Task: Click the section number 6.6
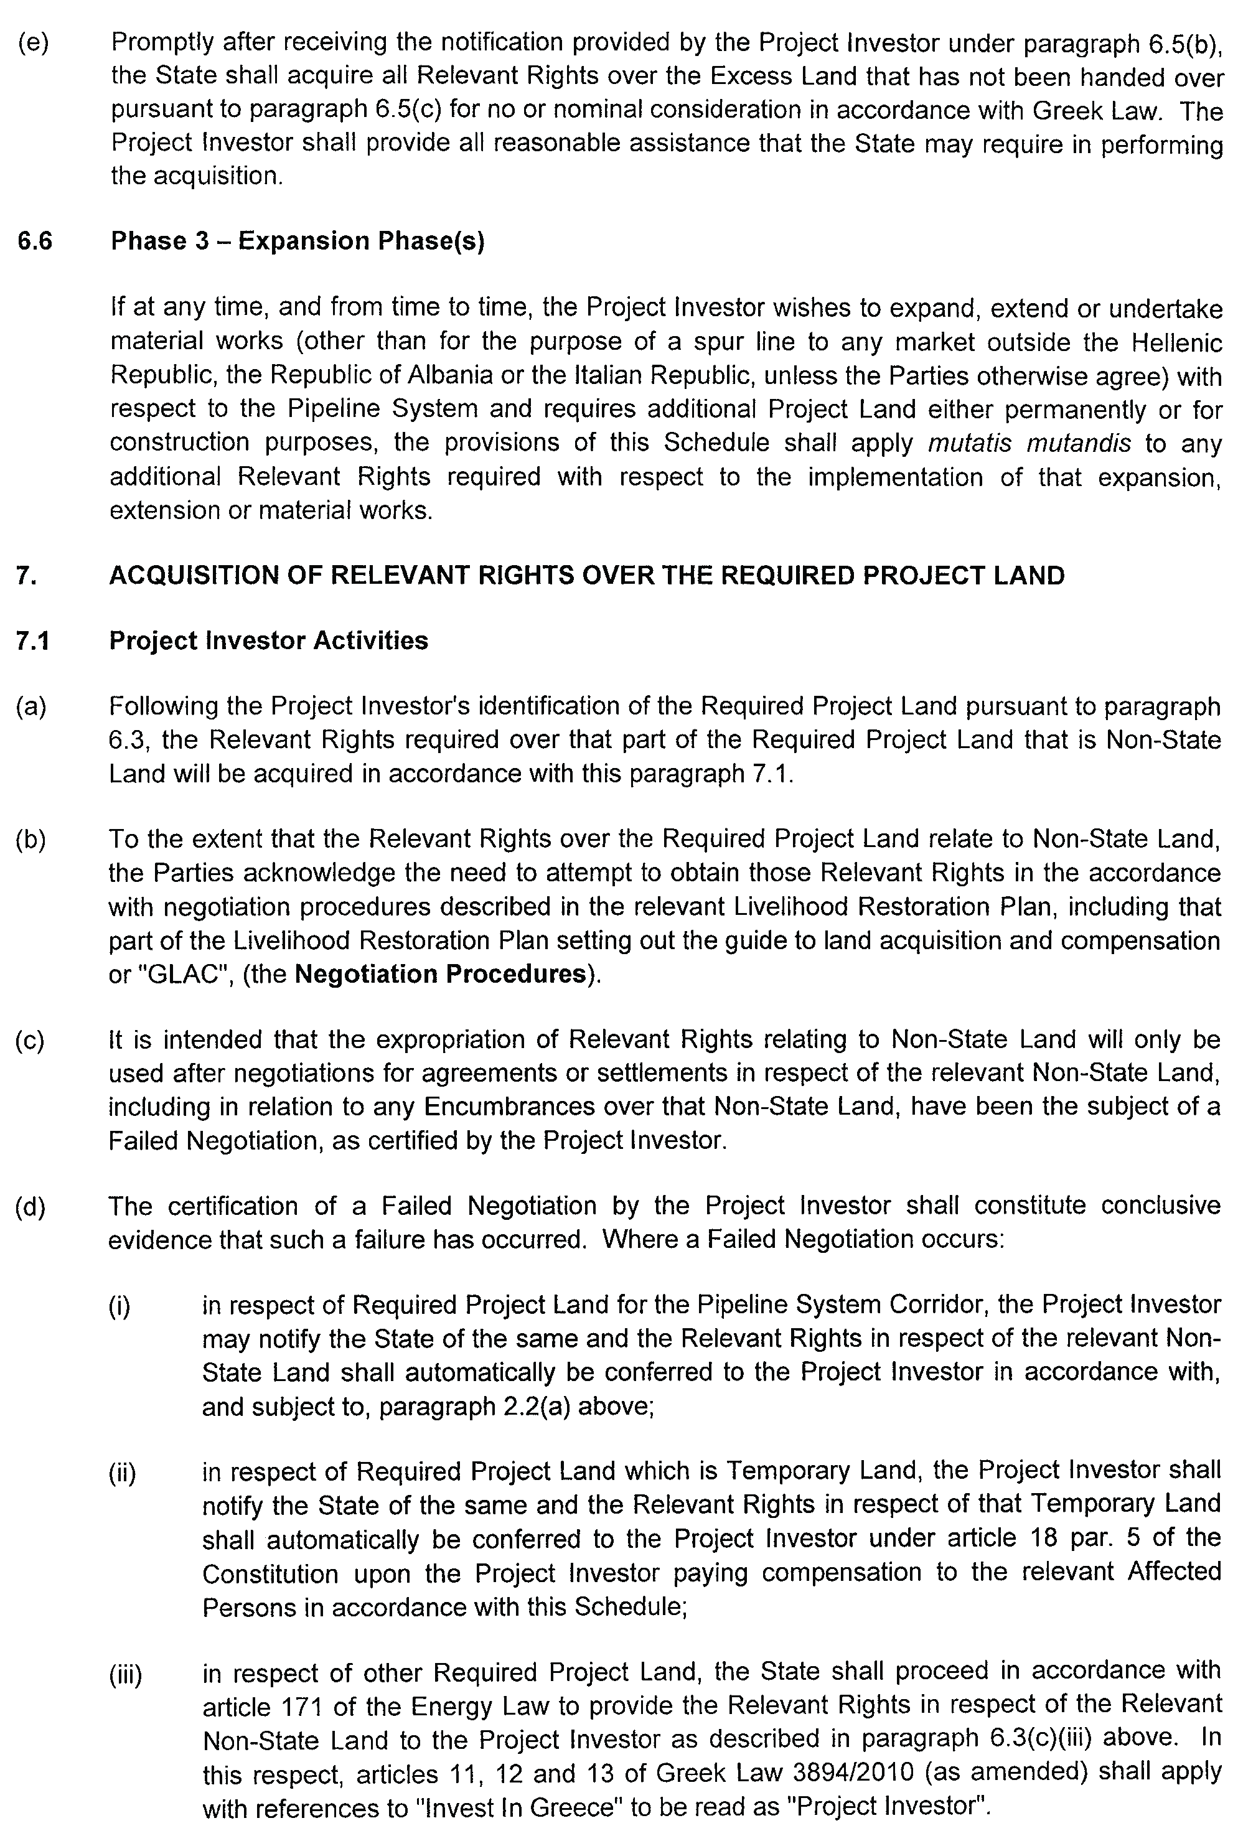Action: click(x=34, y=241)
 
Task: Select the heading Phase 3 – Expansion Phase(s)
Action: click(x=298, y=241)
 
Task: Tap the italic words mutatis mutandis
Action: click(x=1029, y=443)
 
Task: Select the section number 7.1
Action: click(x=32, y=640)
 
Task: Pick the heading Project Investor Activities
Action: click(x=268, y=640)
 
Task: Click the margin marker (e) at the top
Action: click(x=33, y=42)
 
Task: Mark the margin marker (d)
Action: click(x=30, y=1206)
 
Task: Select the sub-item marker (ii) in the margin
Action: click(x=123, y=1473)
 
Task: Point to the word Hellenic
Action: click(x=1176, y=342)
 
